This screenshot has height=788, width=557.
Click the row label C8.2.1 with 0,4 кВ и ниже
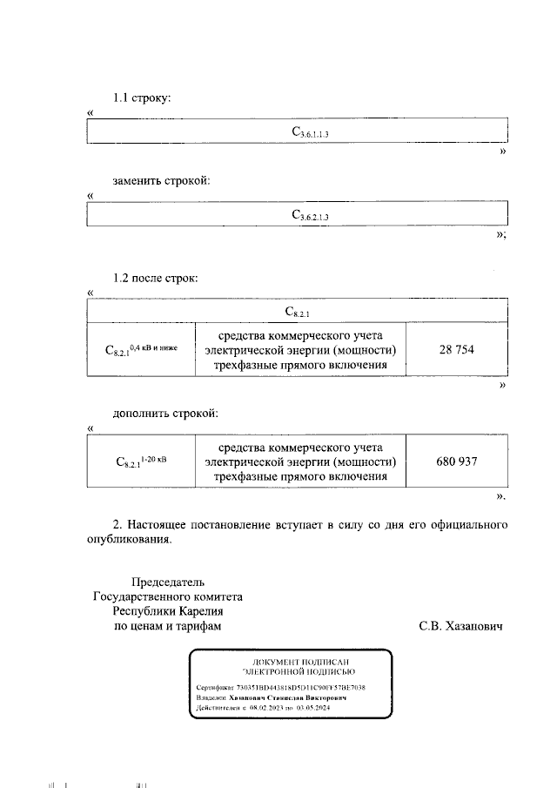point(140,351)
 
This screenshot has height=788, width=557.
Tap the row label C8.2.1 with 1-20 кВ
point(140,461)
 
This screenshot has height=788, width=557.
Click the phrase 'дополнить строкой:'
point(164,412)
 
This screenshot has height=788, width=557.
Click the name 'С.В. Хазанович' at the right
point(460,626)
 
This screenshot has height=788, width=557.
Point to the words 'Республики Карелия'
point(167,611)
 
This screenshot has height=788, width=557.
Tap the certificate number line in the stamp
point(281,687)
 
